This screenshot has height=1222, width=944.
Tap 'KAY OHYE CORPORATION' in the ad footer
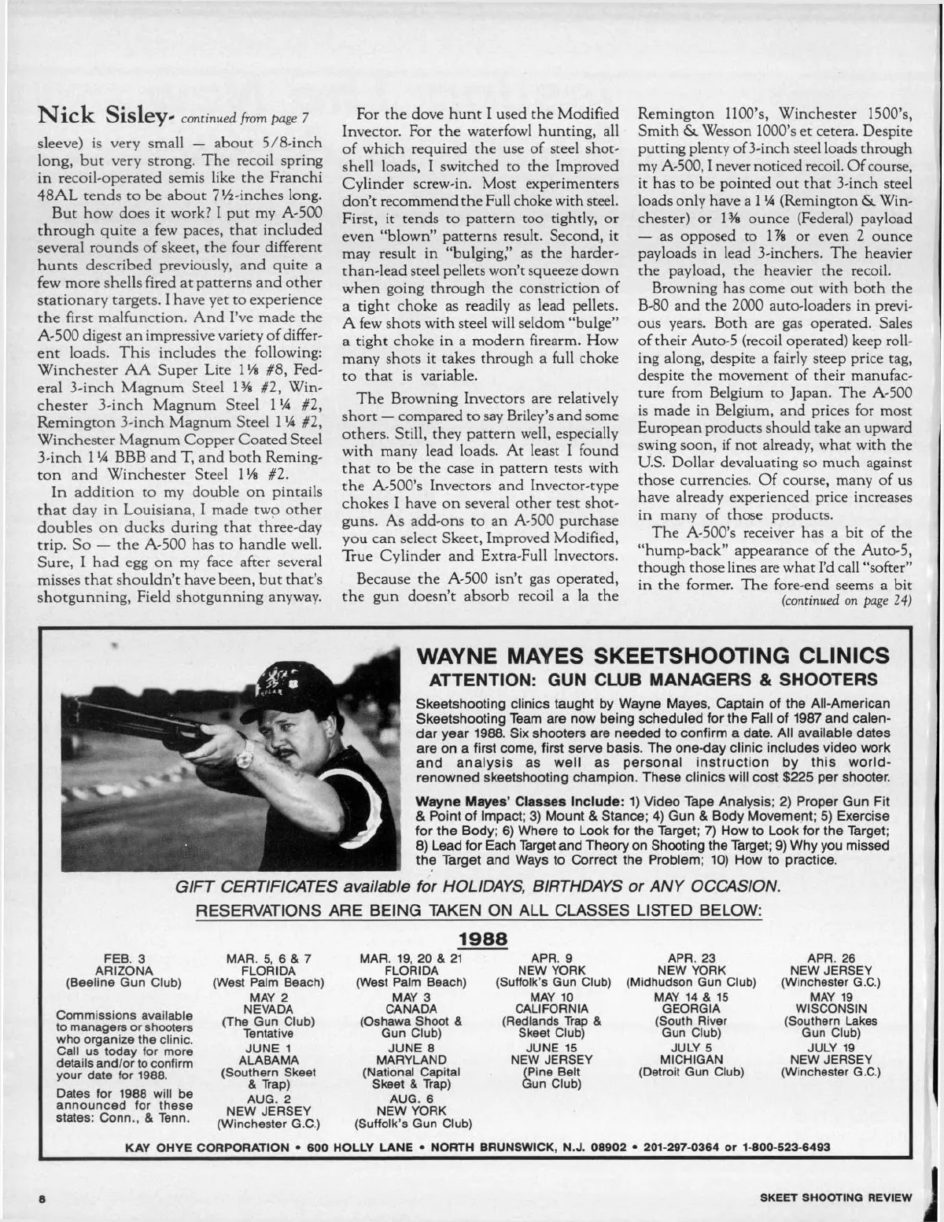point(207,1146)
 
